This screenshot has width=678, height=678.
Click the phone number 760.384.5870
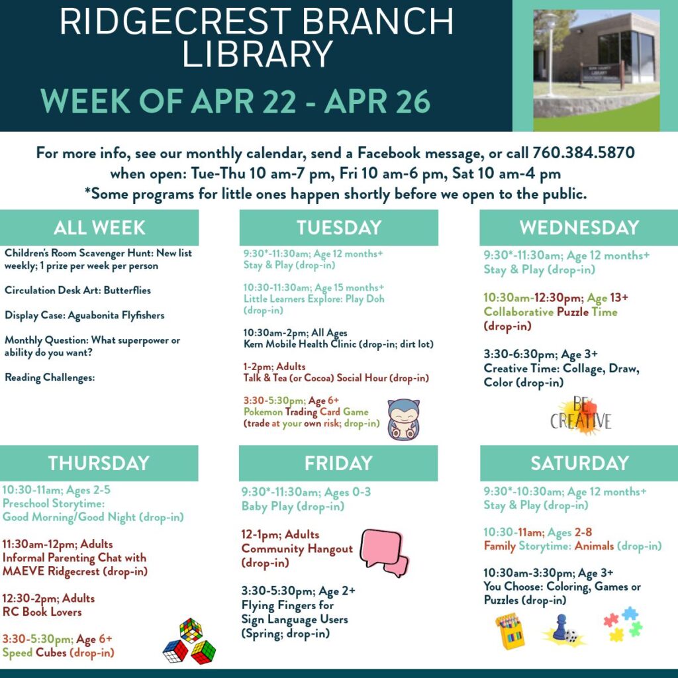tap(583, 153)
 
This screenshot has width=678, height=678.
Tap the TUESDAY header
tap(339, 228)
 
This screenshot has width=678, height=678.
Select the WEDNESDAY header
tap(579, 228)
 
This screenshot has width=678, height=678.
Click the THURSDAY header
tap(99, 463)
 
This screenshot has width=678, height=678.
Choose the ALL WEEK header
tap(99, 228)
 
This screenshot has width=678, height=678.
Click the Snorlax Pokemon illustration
tap(403, 419)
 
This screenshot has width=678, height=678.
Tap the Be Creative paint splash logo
tap(581, 416)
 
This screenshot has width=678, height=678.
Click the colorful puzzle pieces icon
tap(623, 624)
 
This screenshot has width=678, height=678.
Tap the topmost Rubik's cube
tap(191, 630)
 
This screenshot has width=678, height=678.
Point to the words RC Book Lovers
tap(42, 612)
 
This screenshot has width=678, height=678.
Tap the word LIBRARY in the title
tap(258, 54)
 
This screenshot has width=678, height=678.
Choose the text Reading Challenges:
tap(50, 377)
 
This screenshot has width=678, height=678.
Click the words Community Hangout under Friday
tap(297, 549)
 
